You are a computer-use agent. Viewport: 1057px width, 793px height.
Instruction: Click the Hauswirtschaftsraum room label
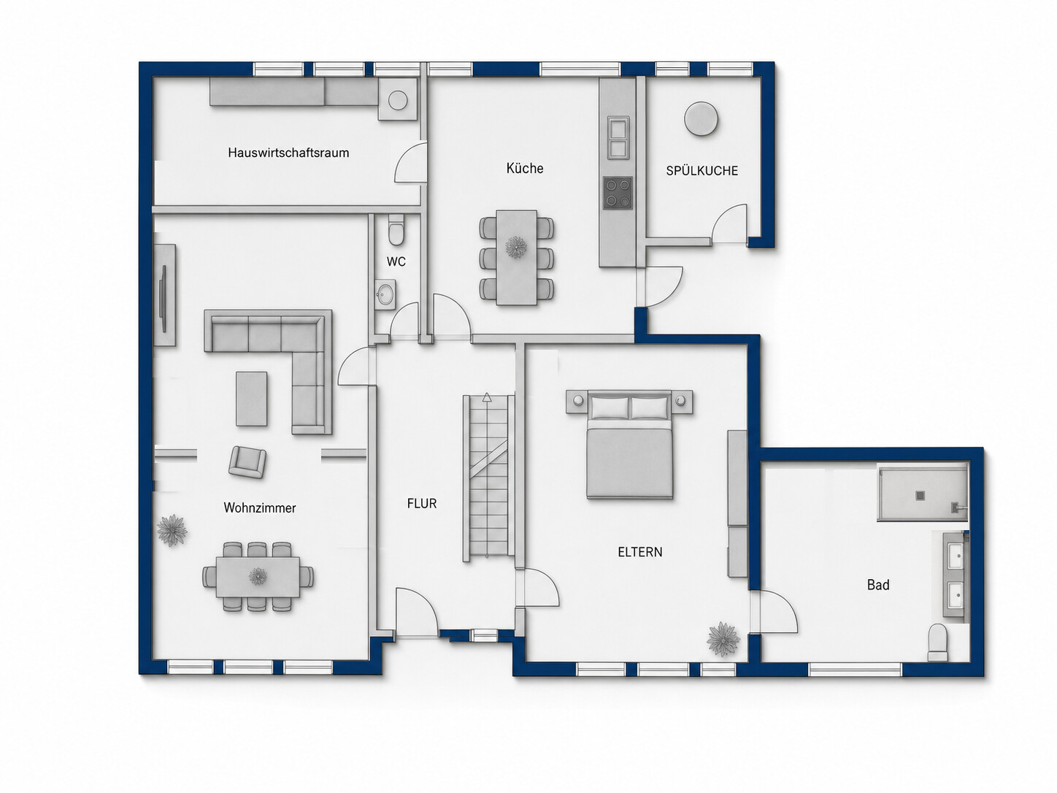tap(288, 153)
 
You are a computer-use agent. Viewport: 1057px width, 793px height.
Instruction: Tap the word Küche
tap(524, 169)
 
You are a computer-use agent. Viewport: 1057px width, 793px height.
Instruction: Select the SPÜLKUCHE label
tap(702, 170)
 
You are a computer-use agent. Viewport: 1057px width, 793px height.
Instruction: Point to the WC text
tap(396, 261)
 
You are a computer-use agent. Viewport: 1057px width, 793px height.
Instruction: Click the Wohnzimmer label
tap(260, 508)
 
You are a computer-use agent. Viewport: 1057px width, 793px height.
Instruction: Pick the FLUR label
tap(422, 504)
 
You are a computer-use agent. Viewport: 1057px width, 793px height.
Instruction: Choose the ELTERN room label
tap(640, 552)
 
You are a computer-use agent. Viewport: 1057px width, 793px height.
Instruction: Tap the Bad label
tap(878, 585)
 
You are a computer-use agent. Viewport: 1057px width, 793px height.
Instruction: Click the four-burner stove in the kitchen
tap(618, 193)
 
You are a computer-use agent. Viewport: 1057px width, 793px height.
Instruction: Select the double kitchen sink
tap(618, 138)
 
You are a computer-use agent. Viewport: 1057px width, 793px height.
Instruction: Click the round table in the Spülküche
tap(701, 119)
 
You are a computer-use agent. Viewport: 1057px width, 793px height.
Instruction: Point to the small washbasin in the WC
tap(385, 295)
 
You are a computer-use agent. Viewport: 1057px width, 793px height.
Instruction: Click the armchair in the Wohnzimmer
tap(247, 461)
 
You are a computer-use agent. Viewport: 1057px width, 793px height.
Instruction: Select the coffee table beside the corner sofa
tap(251, 399)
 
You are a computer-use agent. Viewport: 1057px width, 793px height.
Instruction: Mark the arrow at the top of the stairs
tap(487, 398)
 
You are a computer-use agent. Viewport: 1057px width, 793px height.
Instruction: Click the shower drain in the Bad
tap(920, 495)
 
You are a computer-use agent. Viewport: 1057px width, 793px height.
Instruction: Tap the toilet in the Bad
tap(937, 643)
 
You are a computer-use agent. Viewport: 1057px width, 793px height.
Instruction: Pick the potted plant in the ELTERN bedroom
tap(723, 639)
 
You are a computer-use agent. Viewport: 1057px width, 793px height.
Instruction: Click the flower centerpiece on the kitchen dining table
tap(516, 248)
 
